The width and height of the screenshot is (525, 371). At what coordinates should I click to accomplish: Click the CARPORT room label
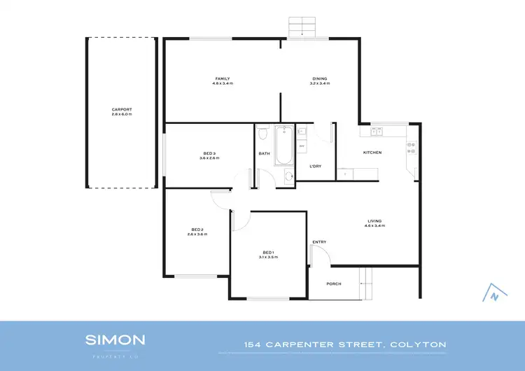coord(121,109)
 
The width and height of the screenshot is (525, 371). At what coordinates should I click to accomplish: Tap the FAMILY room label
coord(222,78)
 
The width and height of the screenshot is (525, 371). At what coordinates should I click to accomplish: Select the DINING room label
coord(319,78)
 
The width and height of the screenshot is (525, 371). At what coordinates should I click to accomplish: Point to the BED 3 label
coord(209,153)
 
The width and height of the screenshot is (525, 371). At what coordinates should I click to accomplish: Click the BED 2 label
coord(197,230)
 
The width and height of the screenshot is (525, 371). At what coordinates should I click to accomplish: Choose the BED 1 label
coord(269,253)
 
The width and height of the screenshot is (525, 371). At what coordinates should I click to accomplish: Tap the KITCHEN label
coord(372,152)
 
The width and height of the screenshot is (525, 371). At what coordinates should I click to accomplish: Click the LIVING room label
coord(374,222)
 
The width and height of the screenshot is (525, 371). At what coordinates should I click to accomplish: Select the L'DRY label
coord(315,165)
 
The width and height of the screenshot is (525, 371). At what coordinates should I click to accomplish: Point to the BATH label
coord(264,153)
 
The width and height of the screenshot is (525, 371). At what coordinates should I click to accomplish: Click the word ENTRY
coord(319,242)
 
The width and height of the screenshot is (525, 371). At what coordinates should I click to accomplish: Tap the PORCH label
coord(334,283)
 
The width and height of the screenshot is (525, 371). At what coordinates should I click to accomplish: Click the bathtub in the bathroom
coord(283,146)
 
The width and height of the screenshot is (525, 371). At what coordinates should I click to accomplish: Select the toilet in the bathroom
coord(262,132)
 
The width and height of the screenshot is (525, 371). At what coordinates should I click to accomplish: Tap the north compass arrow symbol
coord(493,294)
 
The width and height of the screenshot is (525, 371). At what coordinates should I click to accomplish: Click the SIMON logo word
coord(115,340)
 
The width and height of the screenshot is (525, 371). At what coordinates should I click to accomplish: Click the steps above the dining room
coord(303,25)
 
